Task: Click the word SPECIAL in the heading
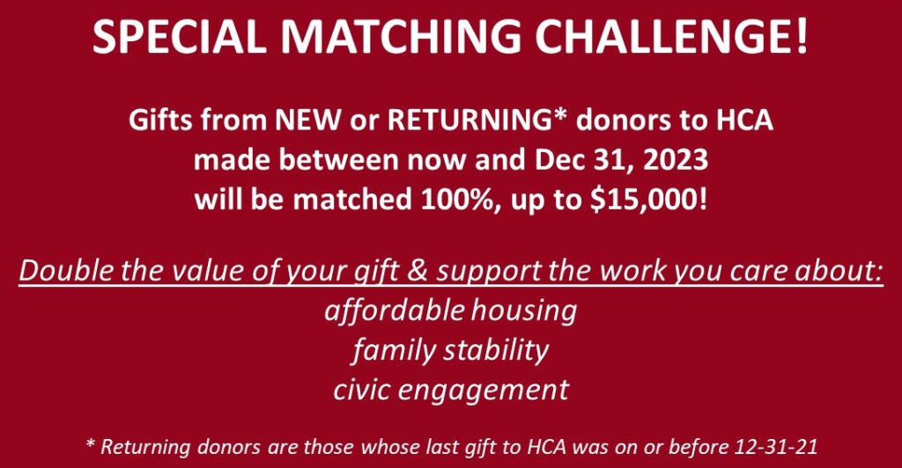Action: coord(179,37)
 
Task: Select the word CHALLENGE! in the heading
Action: coord(672,37)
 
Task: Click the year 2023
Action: coord(674,160)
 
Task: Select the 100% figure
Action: coord(458,201)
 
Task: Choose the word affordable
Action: coord(394,311)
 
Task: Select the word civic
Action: coord(362,390)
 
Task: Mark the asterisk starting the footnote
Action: coord(90,443)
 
